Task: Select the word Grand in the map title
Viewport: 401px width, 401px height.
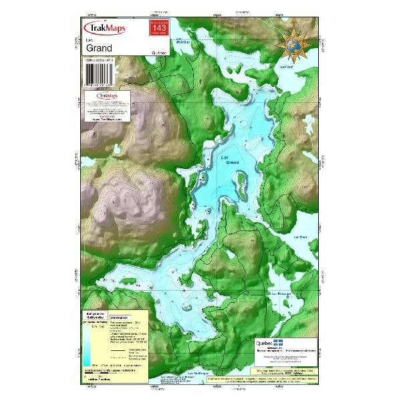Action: (99, 49)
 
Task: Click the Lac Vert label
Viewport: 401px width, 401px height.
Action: (287, 67)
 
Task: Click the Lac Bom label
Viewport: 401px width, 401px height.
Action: (300, 237)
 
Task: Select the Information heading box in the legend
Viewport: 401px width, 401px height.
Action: (120, 318)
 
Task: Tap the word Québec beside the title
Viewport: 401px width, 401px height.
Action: (161, 52)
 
